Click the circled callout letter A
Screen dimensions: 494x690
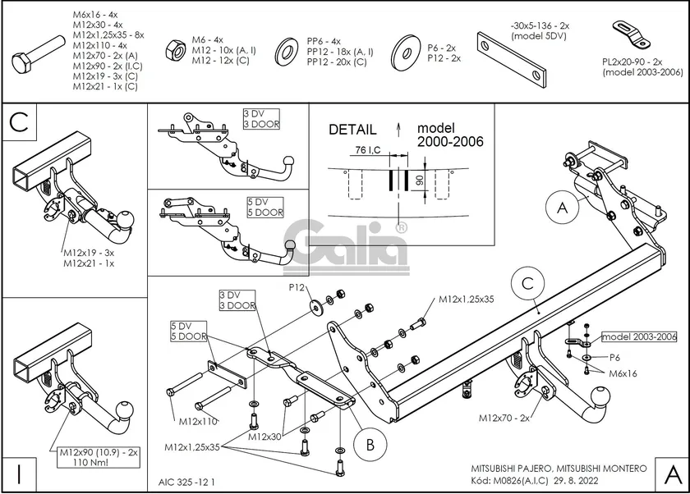tap(562, 208)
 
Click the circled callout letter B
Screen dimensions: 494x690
tap(370, 444)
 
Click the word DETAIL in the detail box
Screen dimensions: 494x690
tap(352, 130)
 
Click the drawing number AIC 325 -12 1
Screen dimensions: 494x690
tap(186, 483)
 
